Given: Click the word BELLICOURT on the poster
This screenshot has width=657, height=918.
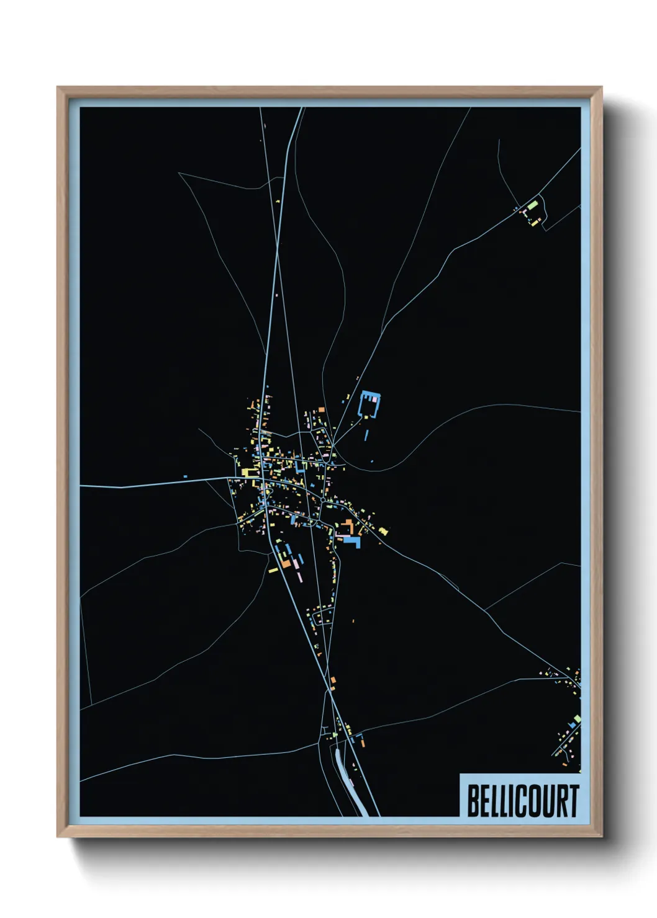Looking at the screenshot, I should click(x=522, y=801).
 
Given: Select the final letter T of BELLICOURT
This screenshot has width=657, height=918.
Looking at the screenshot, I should click(x=573, y=801).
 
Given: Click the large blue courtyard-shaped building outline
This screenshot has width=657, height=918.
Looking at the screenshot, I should click(x=369, y=406).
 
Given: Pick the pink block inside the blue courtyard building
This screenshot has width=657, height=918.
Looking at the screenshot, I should click(x=374, y=399).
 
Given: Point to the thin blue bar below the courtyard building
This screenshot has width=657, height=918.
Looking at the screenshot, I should click(x=366, y=435).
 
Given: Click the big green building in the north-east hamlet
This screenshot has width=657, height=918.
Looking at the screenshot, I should click(x=532, y=204).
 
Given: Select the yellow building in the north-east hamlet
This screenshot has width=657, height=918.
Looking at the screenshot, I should click(x=531, y=221).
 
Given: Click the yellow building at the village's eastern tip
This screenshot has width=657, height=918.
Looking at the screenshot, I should click(x=383, y=531).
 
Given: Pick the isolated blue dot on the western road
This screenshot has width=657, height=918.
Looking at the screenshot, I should click(x=185, y=476).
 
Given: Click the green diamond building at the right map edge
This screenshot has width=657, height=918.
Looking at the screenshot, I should click(x=577, y=718).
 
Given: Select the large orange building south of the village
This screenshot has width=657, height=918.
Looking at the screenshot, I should click(x=286, y=563).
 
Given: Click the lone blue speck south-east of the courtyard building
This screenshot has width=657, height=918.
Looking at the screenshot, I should click(x=373, y=461).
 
